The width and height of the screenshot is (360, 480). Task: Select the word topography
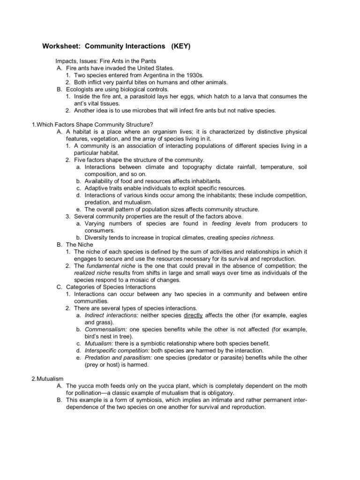193,167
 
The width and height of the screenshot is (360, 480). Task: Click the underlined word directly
193,315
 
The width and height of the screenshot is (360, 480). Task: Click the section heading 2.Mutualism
47,379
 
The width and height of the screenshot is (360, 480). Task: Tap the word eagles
296,315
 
